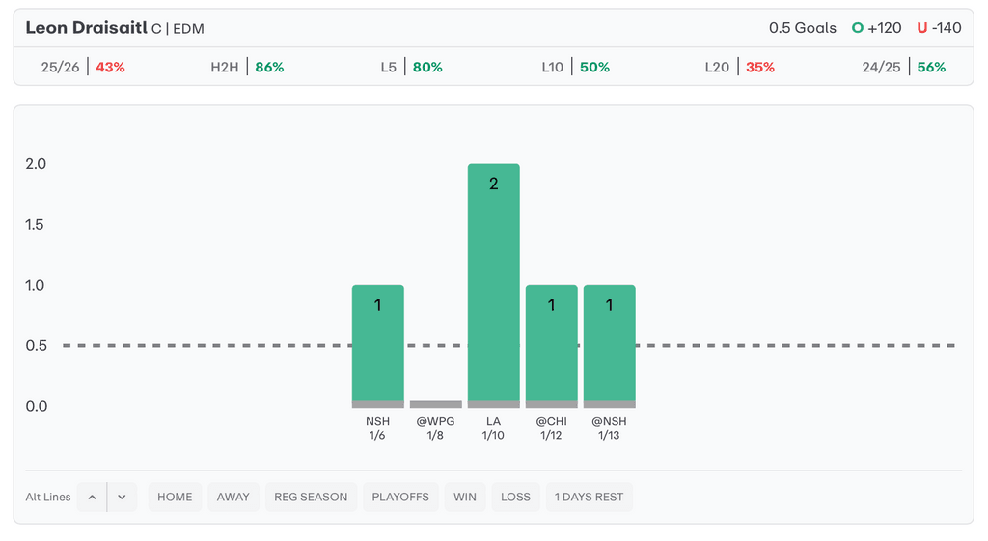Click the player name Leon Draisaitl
(x=86, y=28)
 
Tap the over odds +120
(x=884, y=28)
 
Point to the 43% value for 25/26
(x=110, y=68)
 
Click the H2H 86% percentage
(x=269, y=68)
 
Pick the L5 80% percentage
(x=427, y=68)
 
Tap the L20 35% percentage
(x=759, y=68)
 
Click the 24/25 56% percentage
(x=931, y=68)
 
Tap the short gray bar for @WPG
(x=435, y=404)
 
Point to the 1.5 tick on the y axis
(x=36, y=225)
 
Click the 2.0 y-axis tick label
(x=36, y=164)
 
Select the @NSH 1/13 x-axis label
(x=609, y=428)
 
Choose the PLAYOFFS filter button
(x=400, y=497)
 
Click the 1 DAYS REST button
(x=589, y=497)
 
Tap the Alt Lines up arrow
(x=92, y=497)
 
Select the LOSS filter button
(x=515, y=497)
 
